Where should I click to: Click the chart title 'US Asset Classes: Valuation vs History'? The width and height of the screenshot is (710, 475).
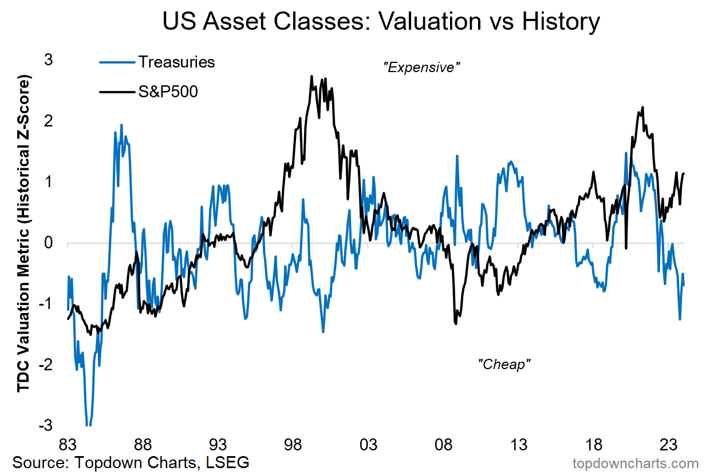[381, 23]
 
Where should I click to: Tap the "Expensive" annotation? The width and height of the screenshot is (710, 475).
[422, 68]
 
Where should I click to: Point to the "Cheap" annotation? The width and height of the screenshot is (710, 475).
[504, 364]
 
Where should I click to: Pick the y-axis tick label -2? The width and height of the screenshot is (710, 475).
[45, 365]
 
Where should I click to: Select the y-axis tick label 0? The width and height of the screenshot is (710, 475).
[48, 243]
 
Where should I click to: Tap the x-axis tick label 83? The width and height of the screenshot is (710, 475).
[68, 445]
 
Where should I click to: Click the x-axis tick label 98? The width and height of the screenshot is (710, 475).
[293, 445]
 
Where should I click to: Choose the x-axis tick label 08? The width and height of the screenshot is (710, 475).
[444, 445]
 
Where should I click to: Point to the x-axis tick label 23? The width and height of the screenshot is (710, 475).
[669, 445]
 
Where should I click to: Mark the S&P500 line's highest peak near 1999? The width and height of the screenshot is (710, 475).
[311, 76]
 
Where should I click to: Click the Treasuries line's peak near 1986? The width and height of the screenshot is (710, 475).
[121, 125]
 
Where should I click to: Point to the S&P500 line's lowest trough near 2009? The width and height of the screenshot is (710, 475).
[456, 324]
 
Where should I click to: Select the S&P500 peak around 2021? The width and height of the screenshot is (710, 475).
[642, 107]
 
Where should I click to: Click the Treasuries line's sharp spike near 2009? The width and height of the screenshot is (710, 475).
[457, 156]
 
